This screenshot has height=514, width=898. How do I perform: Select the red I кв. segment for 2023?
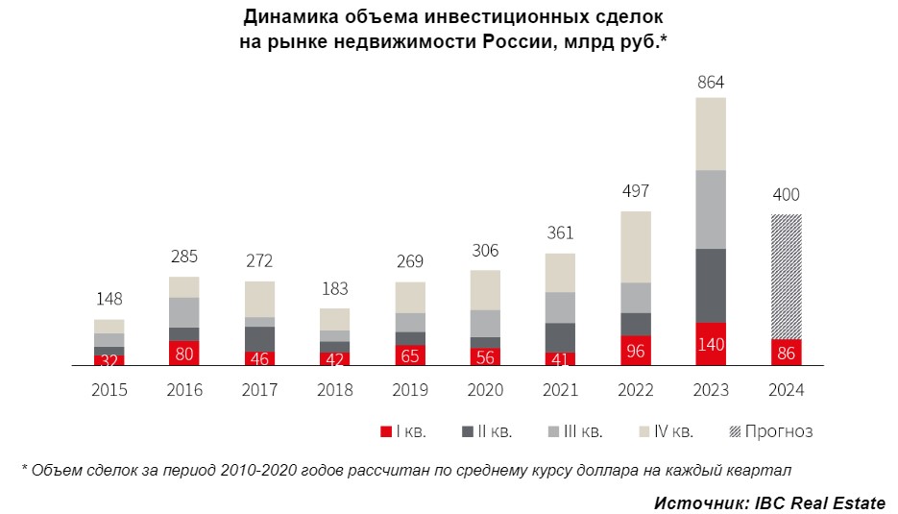pyautogui.click(x=711, y=344)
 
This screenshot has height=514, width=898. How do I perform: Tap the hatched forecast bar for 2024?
pyautogui.click(x=786, y=276)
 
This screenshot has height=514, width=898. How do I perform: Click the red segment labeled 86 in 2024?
pyautogui.click(x=786, y=353)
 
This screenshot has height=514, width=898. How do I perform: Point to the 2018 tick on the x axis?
pyautogui.click(x=335, y=390)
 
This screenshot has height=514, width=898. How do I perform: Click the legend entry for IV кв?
pyautogui.click(x=670, y=431)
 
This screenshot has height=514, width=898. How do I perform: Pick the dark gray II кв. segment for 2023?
pyautogui.click(x=711, y=285)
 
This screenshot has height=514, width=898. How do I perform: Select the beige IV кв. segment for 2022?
pyautogui.click(x=636, y=246)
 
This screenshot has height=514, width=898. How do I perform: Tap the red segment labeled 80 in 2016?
pyautogui.click(x=184, y=353)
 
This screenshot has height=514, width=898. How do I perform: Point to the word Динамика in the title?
pyautogui.click(x=285, y=17)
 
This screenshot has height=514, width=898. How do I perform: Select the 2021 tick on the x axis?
pyautogui.click(x=560, y=390)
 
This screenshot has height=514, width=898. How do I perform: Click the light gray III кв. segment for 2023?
pyautogui.click(x=711, y=208)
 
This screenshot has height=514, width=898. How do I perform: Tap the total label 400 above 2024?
pyautogui.click(x=786, y=195)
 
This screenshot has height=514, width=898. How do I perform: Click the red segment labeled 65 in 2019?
pyautogui.click(x=410, y=355)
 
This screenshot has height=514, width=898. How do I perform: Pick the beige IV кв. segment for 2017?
pyautogui.click(x=259, y=299)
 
